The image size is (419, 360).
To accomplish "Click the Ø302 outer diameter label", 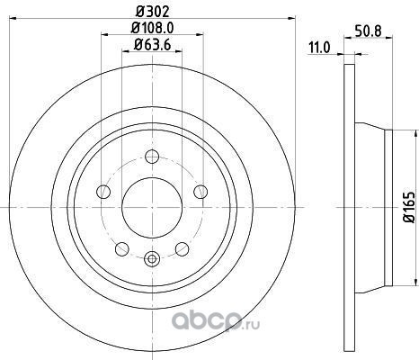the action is tap(153, 12).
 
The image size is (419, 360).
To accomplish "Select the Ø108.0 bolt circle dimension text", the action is tap(153, 29).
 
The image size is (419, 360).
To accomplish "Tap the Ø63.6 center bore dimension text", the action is tap(153, 45).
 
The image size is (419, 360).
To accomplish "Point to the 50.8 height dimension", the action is tap(368, 31).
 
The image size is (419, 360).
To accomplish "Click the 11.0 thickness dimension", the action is tap(319, 48).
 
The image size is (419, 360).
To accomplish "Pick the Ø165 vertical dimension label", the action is tap(410, 207).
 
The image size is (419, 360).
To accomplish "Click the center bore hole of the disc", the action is tap(152, 207).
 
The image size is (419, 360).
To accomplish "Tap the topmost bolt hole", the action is tap(152, 157).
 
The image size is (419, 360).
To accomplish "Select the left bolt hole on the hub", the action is tap(103, 192).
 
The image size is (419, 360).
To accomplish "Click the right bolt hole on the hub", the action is tap(201, 192).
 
